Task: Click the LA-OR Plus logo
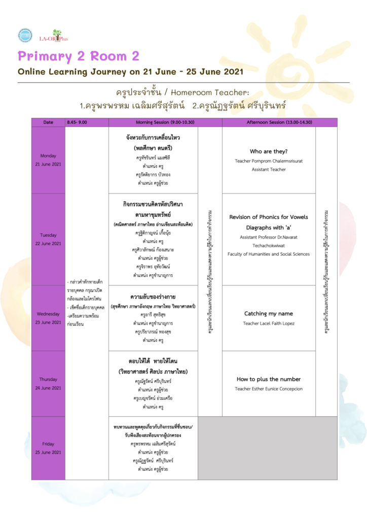click(x=53, y=36)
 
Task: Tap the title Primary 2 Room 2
click(x=79, y=55)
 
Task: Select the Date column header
click(x=48, y=122)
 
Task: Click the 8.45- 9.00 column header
click(x=77, y=122)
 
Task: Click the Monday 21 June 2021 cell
click(x=48, y=159)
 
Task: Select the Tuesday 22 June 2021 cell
click(x=48, y=239)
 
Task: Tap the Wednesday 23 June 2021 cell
click(x=48, y=318)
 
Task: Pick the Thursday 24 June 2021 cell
click(x=48, y=383)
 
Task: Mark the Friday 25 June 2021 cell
click(x=48, y=448)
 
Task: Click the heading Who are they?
click(x=269, y=151)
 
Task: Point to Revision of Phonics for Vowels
click(x=269, y=217)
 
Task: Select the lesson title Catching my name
click(x=269, y=313)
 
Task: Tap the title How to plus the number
click(x=269, y=379)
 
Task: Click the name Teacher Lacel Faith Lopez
click(x=269, y=323)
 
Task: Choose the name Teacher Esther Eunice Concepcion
click(x=269, y=388)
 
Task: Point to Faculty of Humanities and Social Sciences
click(x=269, y=253)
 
